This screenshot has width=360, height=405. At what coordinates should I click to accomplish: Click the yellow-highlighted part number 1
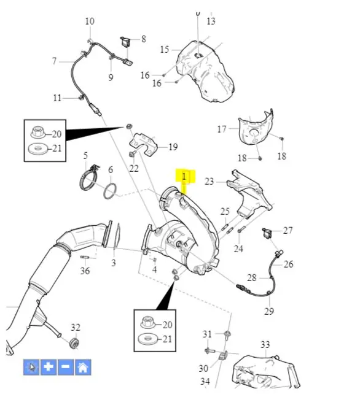tap(184, 177)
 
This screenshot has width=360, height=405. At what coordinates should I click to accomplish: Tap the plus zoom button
tap(49, 367)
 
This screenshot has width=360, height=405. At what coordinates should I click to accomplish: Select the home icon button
tap(83, 367)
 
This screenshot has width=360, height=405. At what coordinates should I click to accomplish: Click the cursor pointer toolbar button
tap(31, 367)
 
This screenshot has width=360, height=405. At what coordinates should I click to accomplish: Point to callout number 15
tap(165, 49)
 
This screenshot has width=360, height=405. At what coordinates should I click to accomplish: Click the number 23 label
tap(209, 181)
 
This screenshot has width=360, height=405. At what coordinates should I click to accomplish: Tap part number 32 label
tap(76, 327)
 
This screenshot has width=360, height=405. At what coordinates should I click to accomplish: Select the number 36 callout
tap(85, 271)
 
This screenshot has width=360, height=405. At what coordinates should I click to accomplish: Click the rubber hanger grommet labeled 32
tap(74, 343)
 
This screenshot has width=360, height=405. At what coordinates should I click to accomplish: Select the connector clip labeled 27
tap(267, 233)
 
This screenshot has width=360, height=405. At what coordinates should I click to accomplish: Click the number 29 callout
tap(269, 311)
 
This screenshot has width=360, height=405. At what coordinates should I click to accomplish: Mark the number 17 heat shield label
tap(222, 129)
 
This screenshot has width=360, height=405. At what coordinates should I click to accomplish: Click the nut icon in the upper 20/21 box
tap(37, 133)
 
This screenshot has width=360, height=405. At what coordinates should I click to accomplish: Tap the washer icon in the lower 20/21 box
tap(147, 339)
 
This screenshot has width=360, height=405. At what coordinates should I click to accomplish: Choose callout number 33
tap(265, 344)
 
